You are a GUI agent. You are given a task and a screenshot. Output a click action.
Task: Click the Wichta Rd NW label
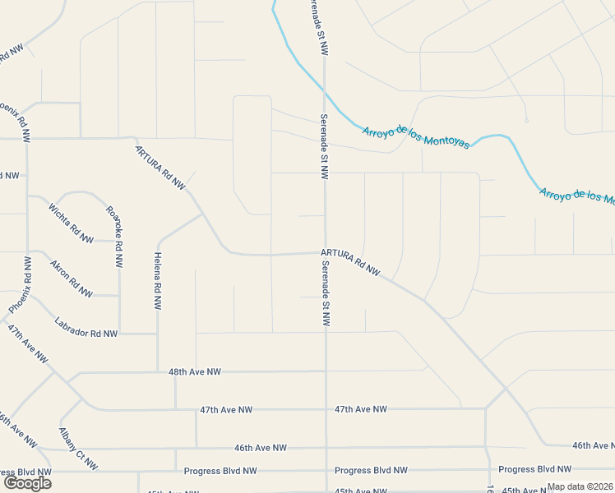pos(71,223)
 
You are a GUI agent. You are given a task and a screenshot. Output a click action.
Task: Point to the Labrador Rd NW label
pos(86,327)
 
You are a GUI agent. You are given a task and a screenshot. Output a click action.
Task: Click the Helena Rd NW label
pos(157,281)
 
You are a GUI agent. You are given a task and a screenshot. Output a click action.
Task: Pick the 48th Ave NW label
pos(195,372)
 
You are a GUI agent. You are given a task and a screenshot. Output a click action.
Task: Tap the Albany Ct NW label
pos(78,449)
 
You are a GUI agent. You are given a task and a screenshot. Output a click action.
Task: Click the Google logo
pos(26,483)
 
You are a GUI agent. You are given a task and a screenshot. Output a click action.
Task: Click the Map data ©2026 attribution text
pos(580,486)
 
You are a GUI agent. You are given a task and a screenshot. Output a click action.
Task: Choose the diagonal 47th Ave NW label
pos(27,345)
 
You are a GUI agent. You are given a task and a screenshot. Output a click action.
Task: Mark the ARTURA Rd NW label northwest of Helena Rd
pos(161,167)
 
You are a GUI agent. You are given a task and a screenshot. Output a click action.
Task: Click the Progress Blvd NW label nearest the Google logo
pos(220,471)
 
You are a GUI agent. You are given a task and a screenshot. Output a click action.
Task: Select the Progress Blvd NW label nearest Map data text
pos(533,470)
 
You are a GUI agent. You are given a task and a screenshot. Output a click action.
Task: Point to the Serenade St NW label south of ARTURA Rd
pos(326,293)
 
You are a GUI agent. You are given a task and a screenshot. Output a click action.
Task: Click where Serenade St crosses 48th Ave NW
pos(326,371)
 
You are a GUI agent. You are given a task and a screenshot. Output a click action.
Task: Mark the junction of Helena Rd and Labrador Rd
pos(157,334)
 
